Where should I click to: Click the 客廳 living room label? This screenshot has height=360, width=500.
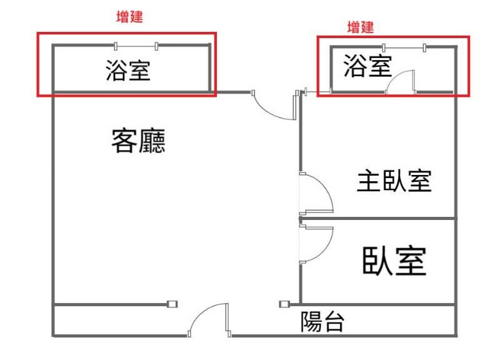pos(139,141)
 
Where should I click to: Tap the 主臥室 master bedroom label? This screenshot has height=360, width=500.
pos(394,181)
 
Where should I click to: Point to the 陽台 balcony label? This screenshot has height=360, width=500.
pos(322,322)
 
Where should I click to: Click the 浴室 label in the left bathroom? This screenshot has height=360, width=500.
pos(127,71)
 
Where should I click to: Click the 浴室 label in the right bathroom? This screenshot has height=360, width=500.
pos(367,66)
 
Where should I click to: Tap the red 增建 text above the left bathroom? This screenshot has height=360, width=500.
pos(130,17)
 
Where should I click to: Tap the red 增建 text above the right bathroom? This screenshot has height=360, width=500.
pos(360,27)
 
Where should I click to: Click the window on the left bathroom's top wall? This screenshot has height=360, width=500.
pos(136,45)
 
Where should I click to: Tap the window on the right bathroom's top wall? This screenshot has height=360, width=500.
pos(404,46)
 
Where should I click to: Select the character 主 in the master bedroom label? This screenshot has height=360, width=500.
pos(368,181)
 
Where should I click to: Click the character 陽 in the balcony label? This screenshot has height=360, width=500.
pos(311,322)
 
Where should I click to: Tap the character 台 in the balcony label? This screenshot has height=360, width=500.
pos(334,322)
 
